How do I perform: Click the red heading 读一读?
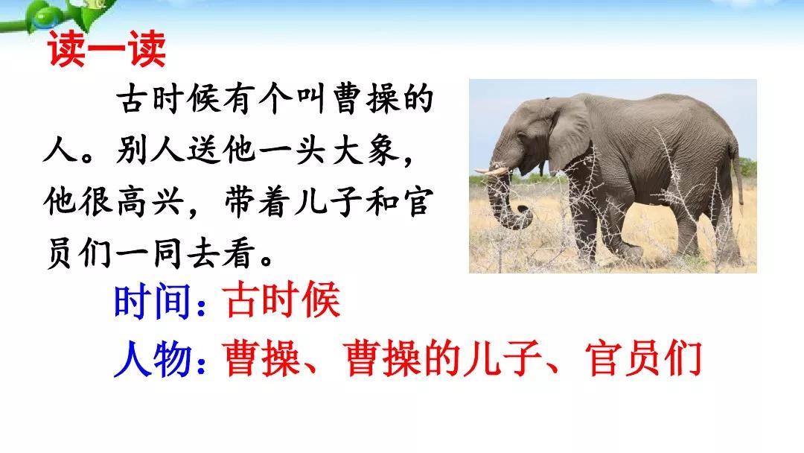(106, 49)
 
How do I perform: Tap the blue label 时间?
(153, 301)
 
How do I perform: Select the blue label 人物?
(153, 358)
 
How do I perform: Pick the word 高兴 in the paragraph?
(150, 201)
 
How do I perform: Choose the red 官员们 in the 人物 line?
(643, 358)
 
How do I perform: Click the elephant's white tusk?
(491, 171)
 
